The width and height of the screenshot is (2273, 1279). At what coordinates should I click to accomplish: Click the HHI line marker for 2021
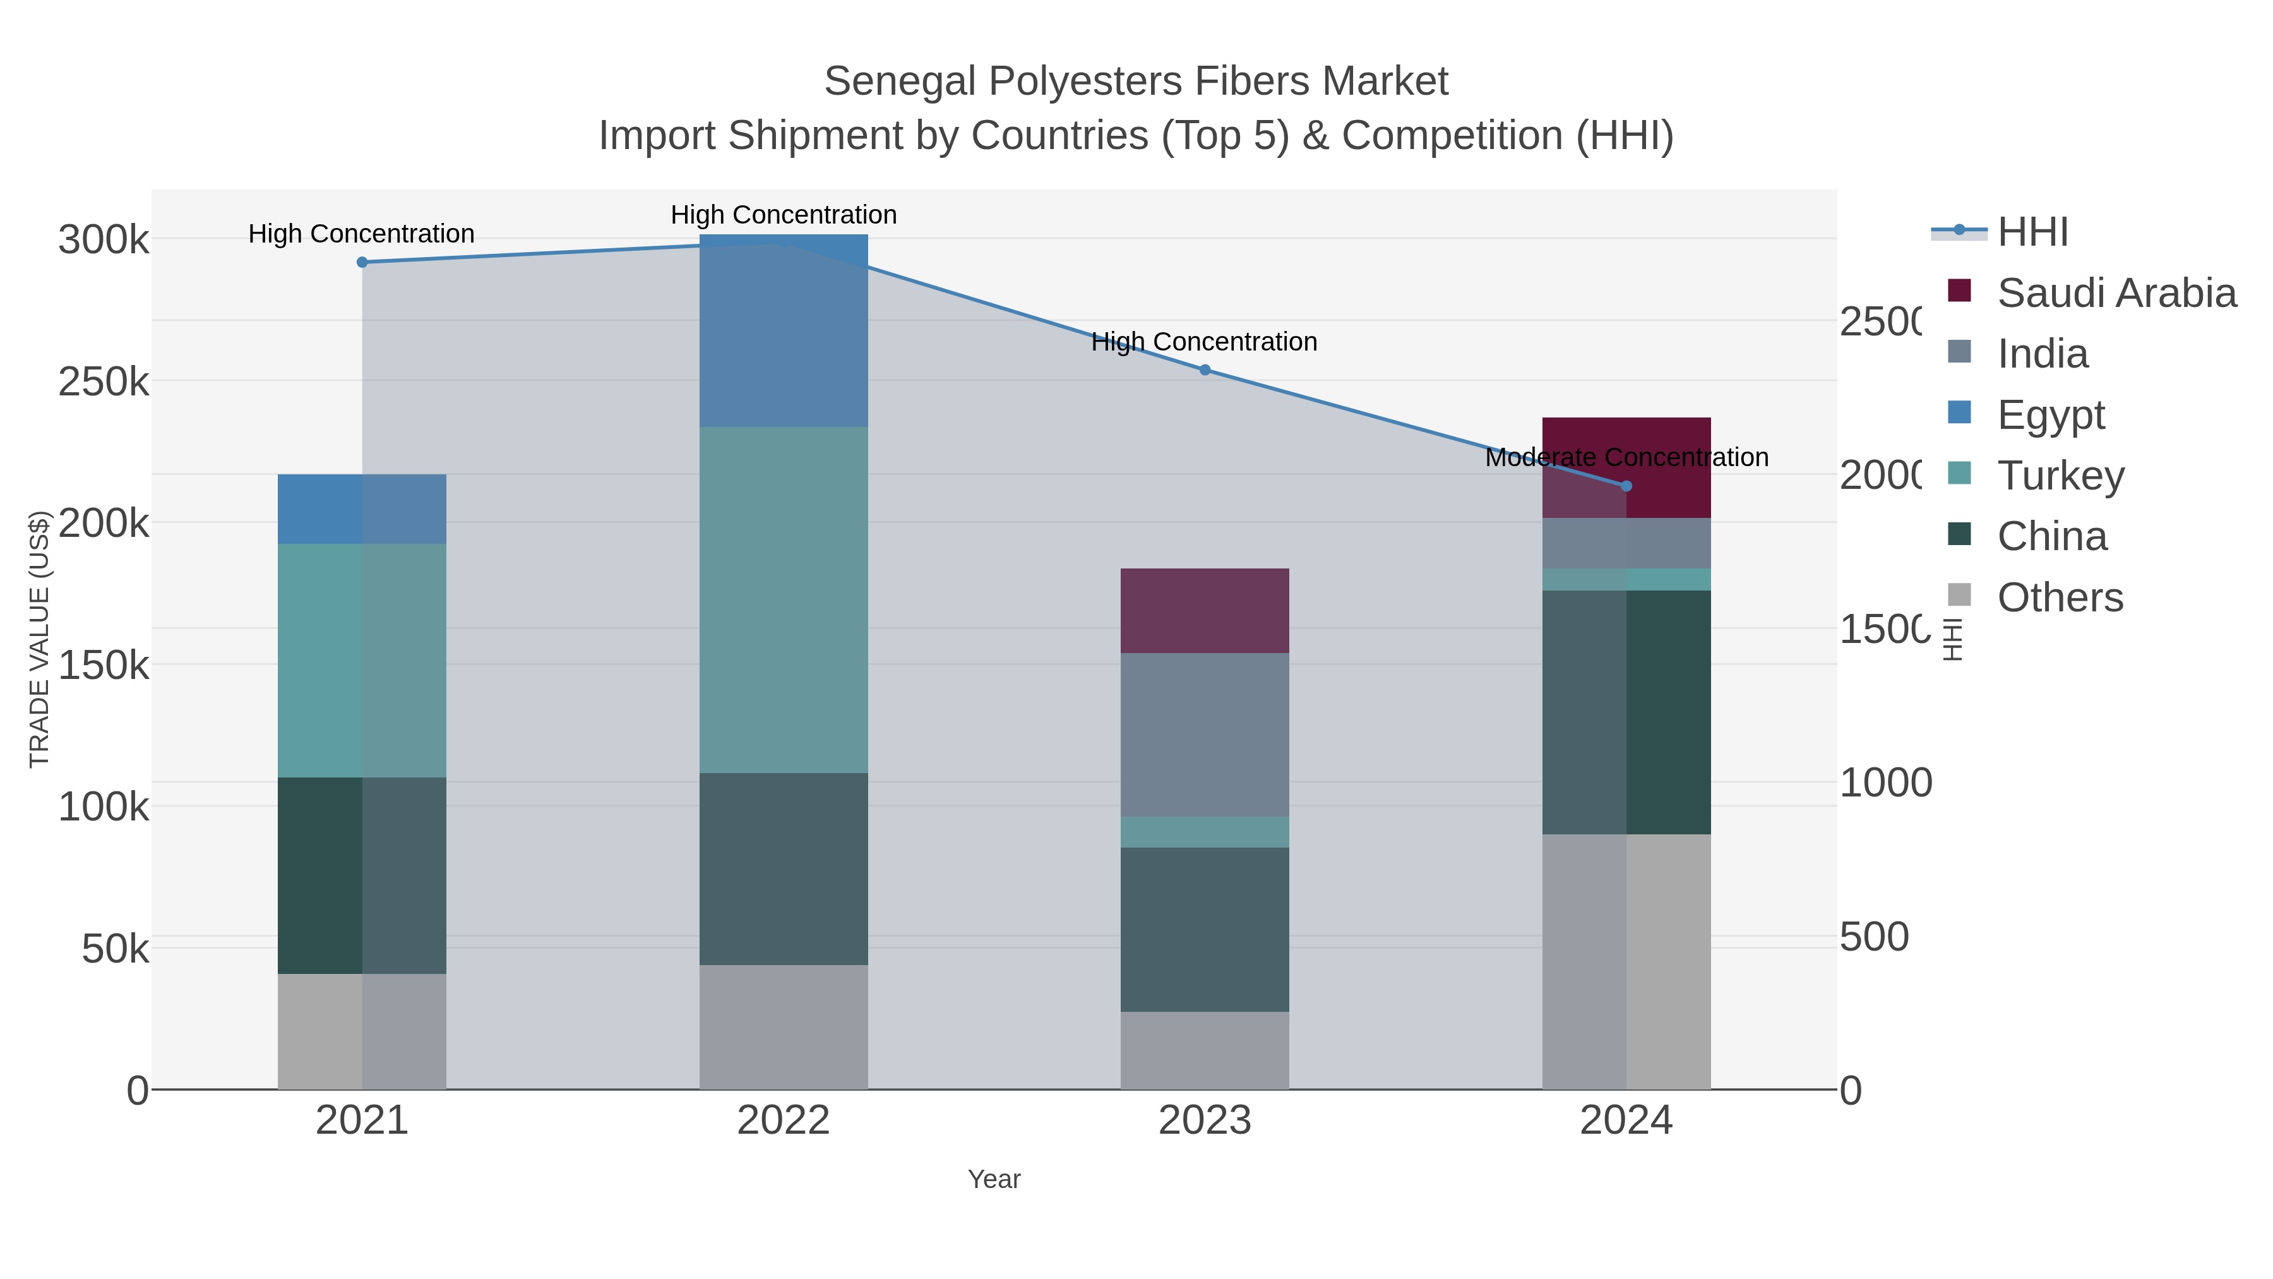(x=362, y=262)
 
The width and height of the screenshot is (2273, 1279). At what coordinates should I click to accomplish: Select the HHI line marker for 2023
(x=1205, y=370)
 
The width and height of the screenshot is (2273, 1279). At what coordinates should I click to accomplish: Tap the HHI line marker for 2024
(x=1626, y=486)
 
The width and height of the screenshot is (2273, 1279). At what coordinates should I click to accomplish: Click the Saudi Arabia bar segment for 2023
(x=1205, y=611)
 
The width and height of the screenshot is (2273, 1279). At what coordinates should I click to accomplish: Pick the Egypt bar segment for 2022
(x=784, y=331)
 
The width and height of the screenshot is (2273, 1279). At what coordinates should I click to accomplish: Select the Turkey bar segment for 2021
(x=362, y=660)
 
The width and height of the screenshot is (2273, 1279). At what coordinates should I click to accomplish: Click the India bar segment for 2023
(x=1205, y=735)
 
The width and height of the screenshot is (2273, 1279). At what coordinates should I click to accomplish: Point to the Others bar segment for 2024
(x=1626, y=961)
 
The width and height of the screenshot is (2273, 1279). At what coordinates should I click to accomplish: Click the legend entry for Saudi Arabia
(x=2116, y=293)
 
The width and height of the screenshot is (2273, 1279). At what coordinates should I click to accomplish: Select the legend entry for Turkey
(x=2060, y=476)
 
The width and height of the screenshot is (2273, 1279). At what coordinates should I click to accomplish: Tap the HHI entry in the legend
(x=2032, y=232)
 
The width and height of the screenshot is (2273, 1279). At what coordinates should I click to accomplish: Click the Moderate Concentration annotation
(x=1626, y=457)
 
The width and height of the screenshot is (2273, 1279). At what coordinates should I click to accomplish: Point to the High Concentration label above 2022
(x=784, y=215)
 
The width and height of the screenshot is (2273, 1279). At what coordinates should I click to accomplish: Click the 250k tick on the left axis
(x=104, y=382)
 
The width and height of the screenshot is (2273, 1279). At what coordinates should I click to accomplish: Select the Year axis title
(x=994, y=1179)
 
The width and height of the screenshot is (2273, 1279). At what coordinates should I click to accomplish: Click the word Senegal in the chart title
(x=899, y=81)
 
